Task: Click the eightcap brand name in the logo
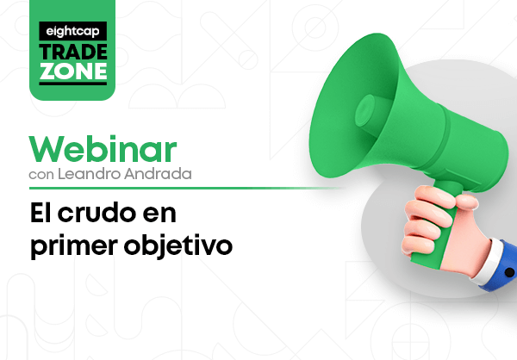tap(72, 32)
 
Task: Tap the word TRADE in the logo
tap(73, 52)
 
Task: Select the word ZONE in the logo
tap(73, 71)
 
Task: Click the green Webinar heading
tap(103, 149)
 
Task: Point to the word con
tap(41, 174)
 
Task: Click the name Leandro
tap(89, 173)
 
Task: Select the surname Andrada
tap(158, 173)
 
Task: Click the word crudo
tap(97, 213)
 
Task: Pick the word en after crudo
tap(159, 215)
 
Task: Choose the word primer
tap(74, 246)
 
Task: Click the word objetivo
tap(178, 245)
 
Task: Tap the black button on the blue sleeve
tap(509, 272)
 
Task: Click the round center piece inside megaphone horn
tap(365, 111)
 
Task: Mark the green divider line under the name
tap(186, 189)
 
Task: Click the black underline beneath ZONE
tap(73, 83)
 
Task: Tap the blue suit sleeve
tap(503, 267)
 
